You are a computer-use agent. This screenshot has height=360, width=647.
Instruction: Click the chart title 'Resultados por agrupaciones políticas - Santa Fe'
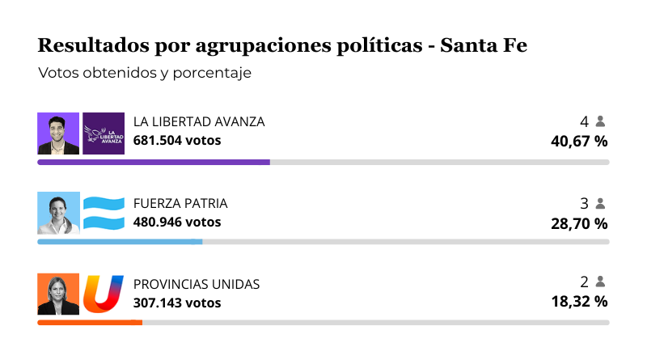click(282, 45)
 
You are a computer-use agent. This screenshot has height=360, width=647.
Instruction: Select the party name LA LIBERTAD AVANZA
click(199, 122)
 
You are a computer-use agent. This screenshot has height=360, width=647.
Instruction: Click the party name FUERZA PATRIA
click(180, 203)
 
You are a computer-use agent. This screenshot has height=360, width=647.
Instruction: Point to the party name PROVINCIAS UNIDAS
click(197, 284)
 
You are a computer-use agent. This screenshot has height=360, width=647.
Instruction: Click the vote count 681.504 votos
click(177, 140)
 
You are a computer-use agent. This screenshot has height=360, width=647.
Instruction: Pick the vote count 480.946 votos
click(177, 221)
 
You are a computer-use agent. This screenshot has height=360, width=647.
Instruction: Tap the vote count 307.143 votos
click(177, 303)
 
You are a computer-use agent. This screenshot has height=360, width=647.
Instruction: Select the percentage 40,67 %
click(579, 141)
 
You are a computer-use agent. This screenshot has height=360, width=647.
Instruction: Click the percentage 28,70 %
click(579, 222)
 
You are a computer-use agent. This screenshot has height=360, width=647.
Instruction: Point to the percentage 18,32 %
click(579, 303)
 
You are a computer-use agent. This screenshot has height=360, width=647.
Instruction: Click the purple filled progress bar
click(154, 162)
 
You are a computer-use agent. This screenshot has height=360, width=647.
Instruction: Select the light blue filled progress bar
click(120, 241)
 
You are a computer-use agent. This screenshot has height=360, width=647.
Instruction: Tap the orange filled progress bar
click(90, 322)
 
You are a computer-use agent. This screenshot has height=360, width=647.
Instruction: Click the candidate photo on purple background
click(58, 133)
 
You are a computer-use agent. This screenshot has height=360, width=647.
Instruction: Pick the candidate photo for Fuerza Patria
click(58, 214)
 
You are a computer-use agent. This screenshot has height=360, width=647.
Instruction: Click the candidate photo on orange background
click(58, 294)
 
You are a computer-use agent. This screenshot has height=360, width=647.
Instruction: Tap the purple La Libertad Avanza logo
click(104, 133)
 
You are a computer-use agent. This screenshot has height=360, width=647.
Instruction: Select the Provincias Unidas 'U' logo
click(104, 294)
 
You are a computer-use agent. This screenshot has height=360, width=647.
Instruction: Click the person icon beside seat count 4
click(600, 121)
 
